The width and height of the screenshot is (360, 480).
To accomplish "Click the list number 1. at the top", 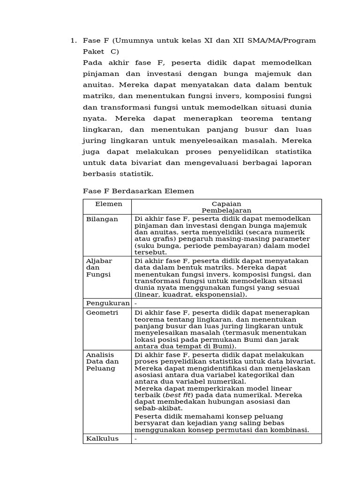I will tap(73, 41).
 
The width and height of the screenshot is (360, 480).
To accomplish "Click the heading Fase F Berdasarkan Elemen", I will tap(138, 191).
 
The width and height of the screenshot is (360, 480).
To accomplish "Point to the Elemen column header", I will tap(108, 204).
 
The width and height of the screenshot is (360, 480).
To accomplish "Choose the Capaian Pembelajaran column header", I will tap(226, 207).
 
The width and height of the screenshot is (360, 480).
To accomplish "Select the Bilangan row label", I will tap(102, 219).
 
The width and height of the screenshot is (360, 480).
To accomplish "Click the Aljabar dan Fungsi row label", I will tap(99, 267).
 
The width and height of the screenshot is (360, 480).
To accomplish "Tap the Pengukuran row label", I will tap(107, 303).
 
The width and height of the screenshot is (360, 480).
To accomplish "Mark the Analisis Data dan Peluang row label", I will tap(103, 361).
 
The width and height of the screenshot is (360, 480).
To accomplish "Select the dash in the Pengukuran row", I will tap(136, 303).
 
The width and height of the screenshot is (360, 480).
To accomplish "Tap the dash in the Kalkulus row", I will tap(136, 439).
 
